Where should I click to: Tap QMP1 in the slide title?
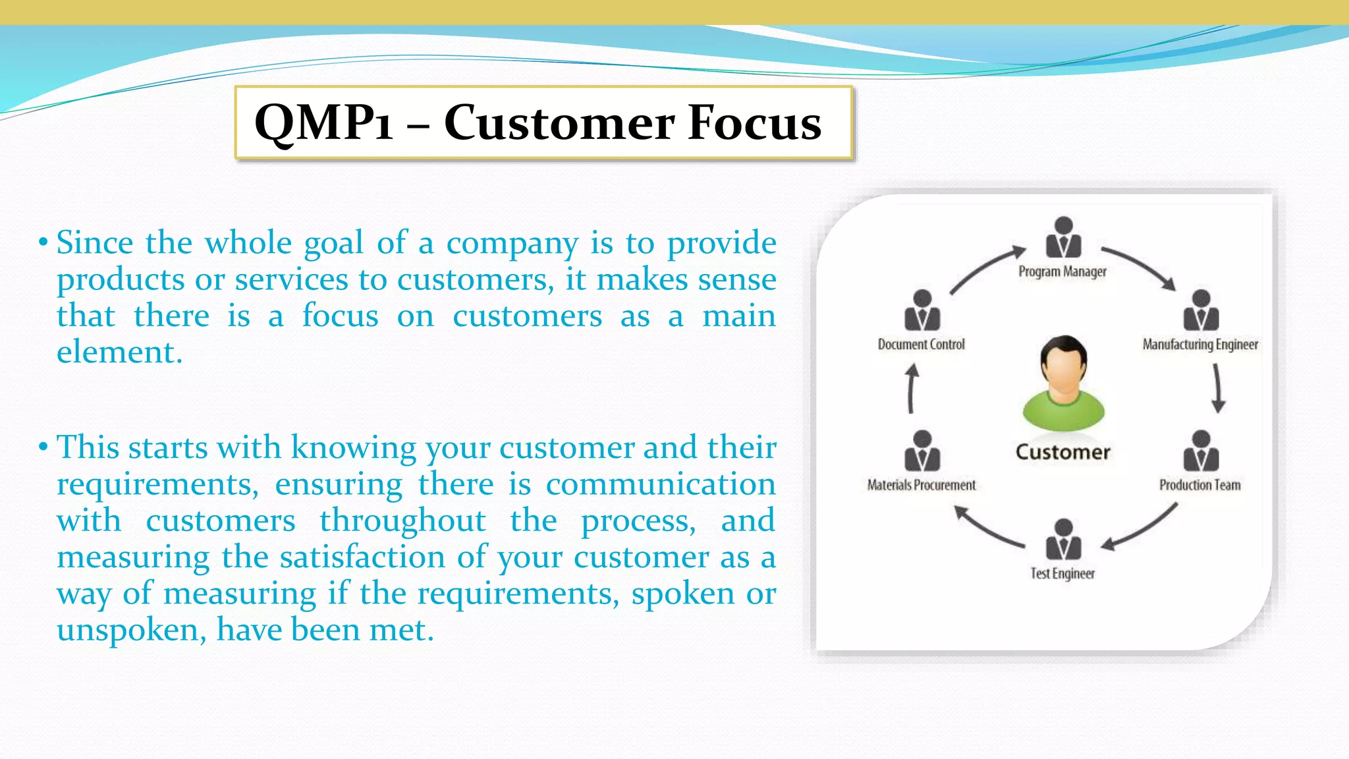[x=323, y=123]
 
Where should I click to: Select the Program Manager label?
[x=1062, y=271]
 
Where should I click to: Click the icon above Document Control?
[x=922, y=310]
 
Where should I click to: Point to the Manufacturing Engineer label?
[x=1199, y=345]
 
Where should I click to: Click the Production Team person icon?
[x=1200, y=451]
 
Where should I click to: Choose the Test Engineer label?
[x=1062, y=573]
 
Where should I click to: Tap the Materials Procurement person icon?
[x=922, y=451]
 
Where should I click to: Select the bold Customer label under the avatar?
[x=1062, y=452]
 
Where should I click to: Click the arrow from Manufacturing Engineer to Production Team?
[x=1217, y=389]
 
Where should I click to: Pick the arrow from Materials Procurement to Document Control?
[x=912, y=389]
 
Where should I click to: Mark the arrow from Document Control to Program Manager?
[x=986, y=268]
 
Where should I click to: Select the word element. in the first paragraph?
[x=119, y=352]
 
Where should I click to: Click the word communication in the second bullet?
[x=660, y=485]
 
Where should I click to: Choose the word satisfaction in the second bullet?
[x=362, y=557]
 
